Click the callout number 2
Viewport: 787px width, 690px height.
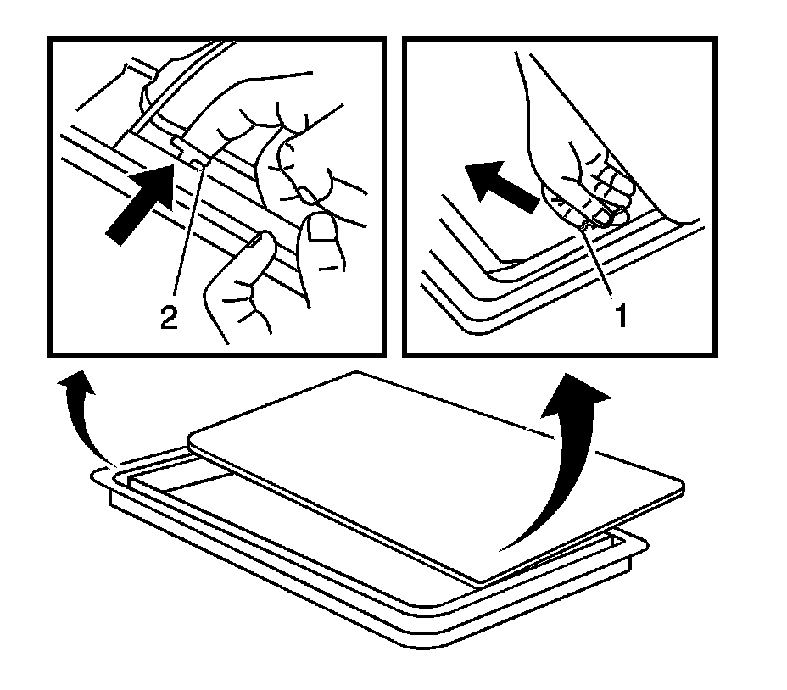169,317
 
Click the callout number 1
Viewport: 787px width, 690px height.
622,316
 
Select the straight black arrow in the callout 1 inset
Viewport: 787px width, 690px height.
502,186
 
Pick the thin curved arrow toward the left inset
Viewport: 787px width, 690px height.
83,416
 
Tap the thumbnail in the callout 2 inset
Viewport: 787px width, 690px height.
321,228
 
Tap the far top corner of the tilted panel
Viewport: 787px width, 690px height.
356,372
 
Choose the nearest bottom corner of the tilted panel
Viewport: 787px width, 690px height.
479,583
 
